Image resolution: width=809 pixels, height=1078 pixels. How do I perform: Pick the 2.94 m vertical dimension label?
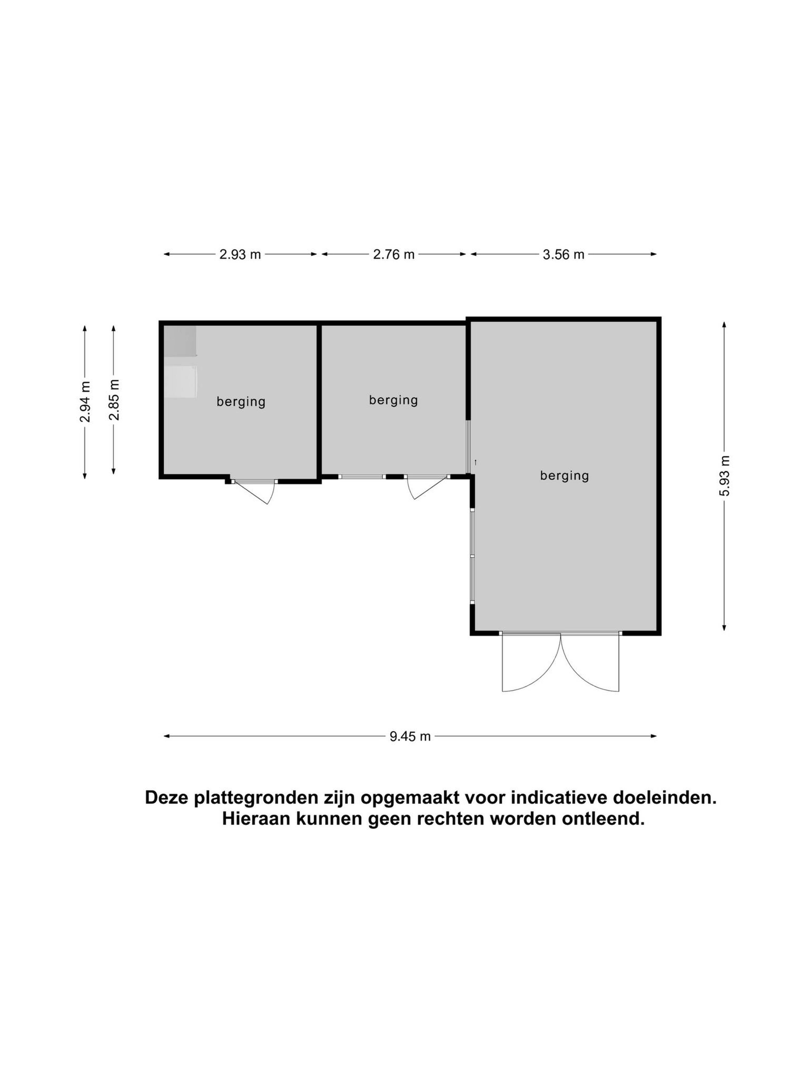[85, 402]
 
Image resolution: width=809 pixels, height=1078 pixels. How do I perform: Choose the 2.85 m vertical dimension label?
[114, 400]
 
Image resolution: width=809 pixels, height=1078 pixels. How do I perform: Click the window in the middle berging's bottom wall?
[362, 477]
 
